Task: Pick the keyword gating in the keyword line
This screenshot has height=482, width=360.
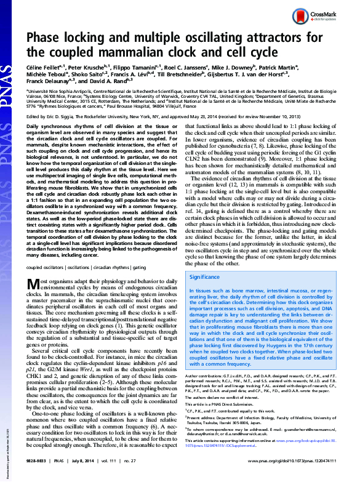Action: (x=155, y=267)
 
